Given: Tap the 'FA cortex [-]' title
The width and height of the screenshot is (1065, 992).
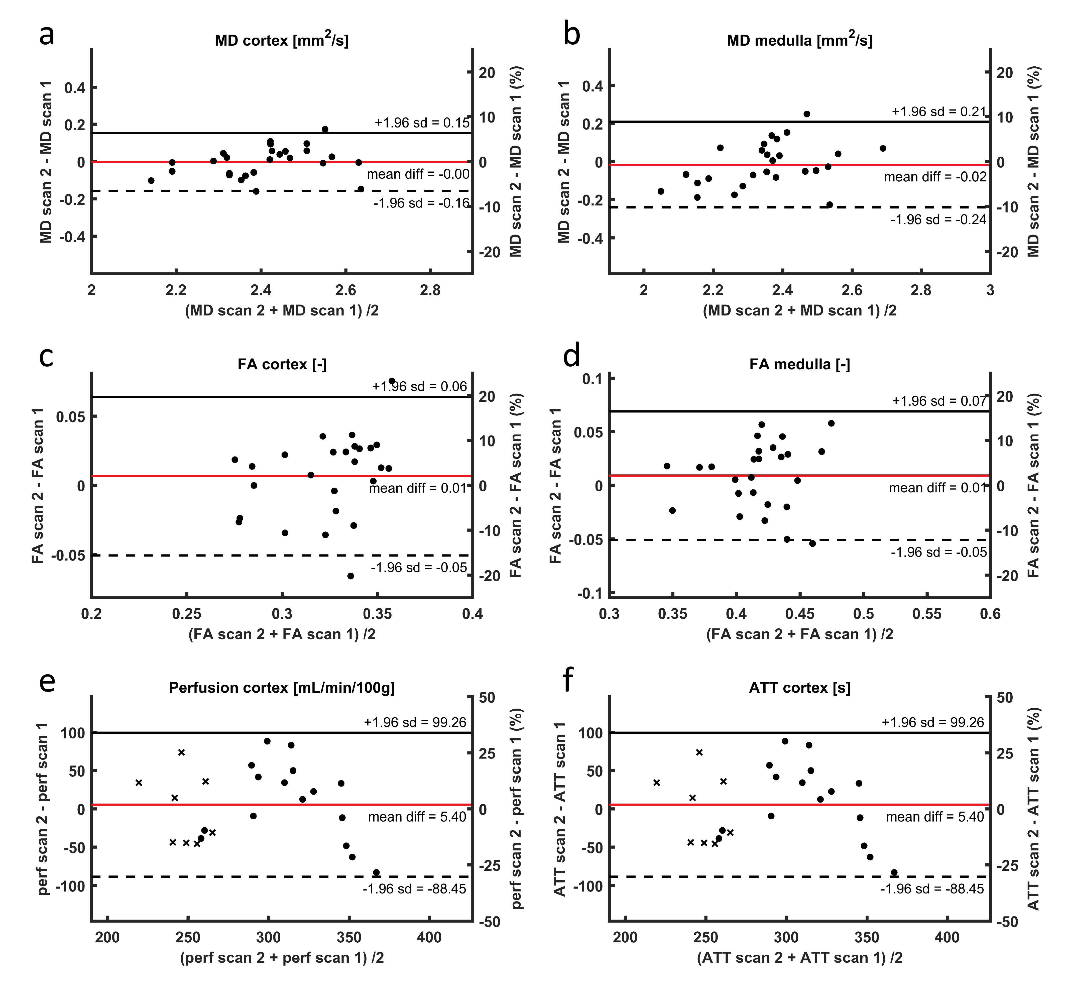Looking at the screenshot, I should point(282,364).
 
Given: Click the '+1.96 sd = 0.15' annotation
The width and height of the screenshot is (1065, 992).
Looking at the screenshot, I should point(422,123).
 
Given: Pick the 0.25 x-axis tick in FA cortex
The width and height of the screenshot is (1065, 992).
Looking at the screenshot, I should point(186,614).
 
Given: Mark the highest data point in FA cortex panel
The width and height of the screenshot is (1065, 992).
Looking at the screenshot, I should point(392,381).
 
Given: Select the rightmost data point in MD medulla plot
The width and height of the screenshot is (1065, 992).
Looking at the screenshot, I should point(883,148).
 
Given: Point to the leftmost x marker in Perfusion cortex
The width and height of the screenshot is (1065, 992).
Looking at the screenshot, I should point(139,783).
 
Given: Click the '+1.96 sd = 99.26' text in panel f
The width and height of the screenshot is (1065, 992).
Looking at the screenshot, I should point(933,722).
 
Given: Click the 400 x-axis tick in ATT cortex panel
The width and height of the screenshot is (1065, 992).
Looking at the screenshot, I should point(947,938).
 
